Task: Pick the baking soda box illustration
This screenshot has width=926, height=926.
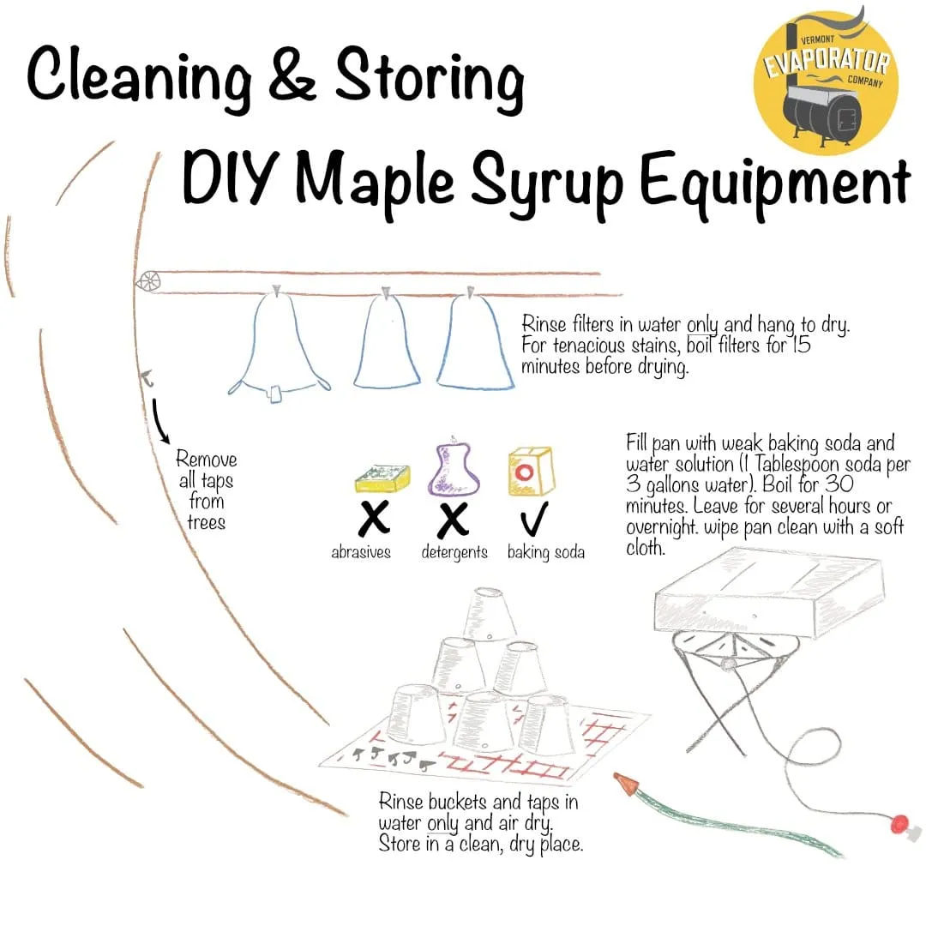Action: click(530, 471)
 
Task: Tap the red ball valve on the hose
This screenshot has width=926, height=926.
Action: click(899, 824)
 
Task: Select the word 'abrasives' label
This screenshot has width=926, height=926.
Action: click(361, 552)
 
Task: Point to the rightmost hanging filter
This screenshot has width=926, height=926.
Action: click(474, 343)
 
